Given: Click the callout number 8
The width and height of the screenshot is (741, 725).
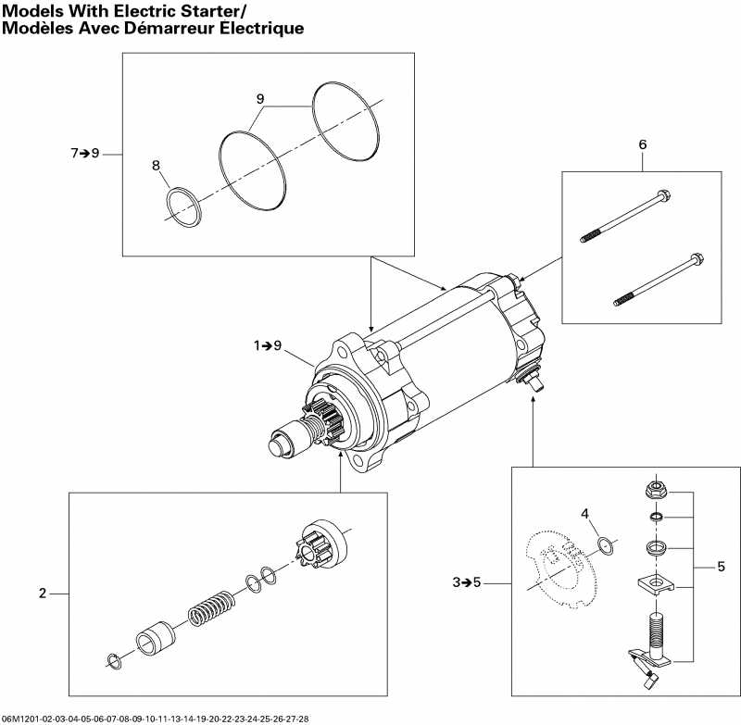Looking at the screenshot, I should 156,165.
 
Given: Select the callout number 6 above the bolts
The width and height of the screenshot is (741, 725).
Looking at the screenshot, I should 642,144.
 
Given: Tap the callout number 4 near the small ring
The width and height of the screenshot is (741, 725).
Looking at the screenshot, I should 584,514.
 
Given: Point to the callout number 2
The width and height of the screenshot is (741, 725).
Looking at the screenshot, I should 42,594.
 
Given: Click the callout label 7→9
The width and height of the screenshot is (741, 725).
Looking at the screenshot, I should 85,153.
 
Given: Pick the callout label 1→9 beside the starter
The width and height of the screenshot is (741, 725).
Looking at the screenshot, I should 269,345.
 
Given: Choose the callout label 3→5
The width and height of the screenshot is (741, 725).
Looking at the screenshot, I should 468,582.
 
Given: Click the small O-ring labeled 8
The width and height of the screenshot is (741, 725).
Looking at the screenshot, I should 183,206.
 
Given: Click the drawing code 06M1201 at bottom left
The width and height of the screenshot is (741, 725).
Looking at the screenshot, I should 21,719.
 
